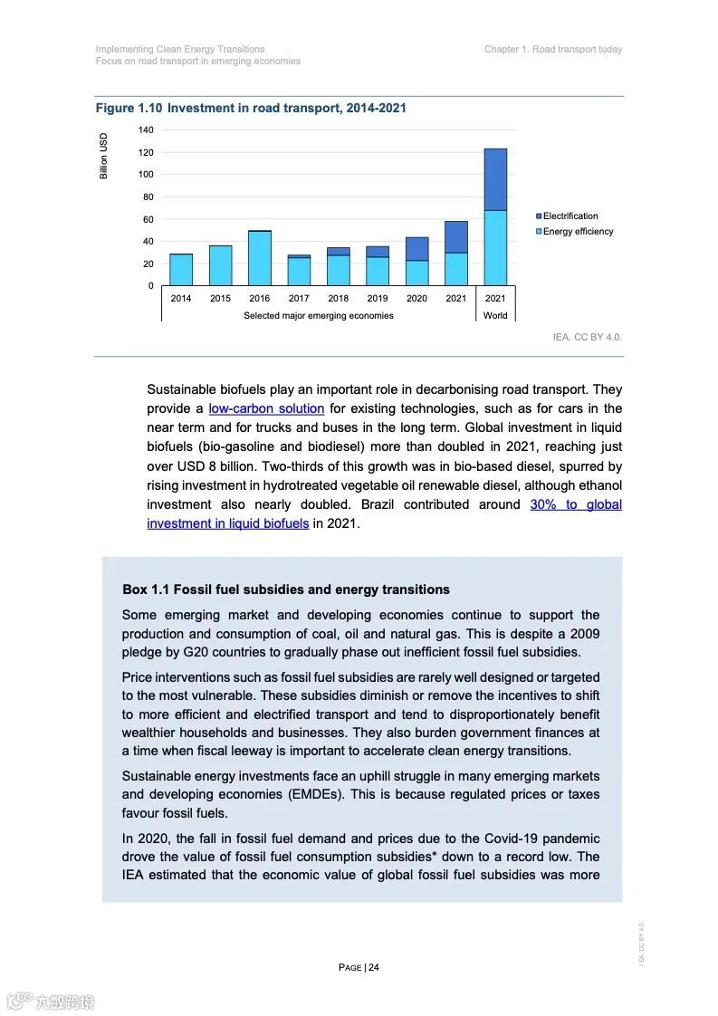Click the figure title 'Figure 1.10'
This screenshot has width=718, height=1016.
[129, 109]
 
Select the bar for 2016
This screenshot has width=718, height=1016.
[260, 258]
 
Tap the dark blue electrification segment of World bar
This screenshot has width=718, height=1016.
[495, 179]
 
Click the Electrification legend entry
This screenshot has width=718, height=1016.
[570, 216]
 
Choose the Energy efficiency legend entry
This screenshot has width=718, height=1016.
[577, 232]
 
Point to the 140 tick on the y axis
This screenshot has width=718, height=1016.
[146, 130]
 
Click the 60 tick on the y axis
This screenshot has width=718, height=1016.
[148, 219]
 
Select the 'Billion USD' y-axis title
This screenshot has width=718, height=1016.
[104, 156]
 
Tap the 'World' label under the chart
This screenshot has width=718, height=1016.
[495, 316]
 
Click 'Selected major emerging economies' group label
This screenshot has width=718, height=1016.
[319, 316]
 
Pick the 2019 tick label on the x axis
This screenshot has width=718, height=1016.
[378, 299]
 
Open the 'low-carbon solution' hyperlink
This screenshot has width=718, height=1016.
[266, 409]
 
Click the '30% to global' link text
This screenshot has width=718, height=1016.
[576, 504]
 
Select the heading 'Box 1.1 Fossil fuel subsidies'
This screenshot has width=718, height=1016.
[286, 590]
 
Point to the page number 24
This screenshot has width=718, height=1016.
[373, 967]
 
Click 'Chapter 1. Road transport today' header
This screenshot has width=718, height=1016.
[553, 50]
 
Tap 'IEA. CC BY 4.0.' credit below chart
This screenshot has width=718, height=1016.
[588, 337]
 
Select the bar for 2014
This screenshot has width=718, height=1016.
[181, 269]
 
